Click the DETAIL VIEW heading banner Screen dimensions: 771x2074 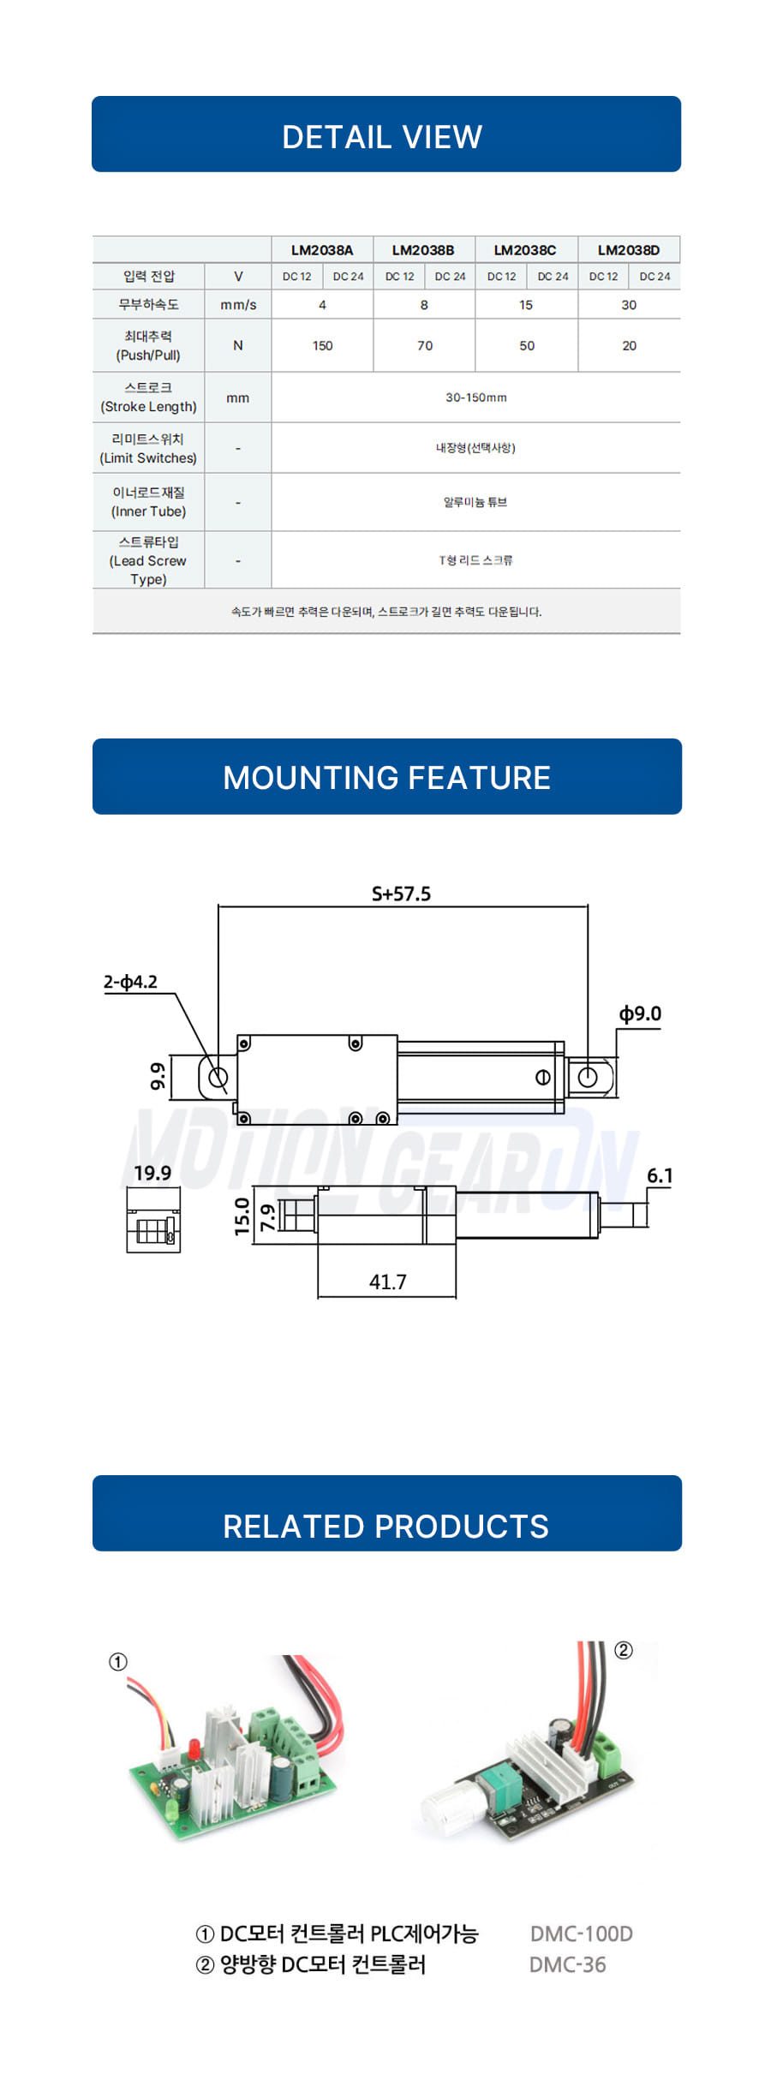coord(385,134)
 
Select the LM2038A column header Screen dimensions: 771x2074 coord(322,250)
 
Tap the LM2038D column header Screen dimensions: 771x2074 coord(629,250)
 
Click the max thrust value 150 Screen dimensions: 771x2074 coord(322,346)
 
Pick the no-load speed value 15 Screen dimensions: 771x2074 coord(526,305)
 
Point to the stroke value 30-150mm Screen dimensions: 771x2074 coord(476,397)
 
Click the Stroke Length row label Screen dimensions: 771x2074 coord(148,397)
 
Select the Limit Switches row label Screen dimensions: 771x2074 coord(148,448)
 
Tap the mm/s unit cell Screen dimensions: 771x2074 coord(238,305)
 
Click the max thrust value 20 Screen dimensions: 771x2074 coord(629,346)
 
